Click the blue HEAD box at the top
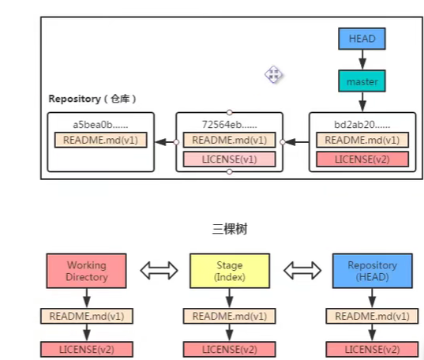pos(362,39)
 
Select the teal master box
pos(362,81)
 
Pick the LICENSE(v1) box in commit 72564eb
pos(229,159)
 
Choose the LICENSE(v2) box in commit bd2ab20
pos(362,159)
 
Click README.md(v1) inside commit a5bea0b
pos(100,140)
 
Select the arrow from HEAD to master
pos(362,60)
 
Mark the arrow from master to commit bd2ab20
pos(362,102)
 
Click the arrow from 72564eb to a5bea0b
pos(166,142)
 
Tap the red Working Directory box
pos(87,271)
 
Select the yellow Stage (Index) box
pos(230,271)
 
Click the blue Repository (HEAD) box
pos(373,271)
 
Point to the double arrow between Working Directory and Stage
pos(159,270)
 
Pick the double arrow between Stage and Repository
pos(302,270)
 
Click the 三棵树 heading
pos(230,229)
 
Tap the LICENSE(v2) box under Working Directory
pos(87,349)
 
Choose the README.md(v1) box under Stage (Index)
pos(229,316)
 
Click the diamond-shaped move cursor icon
pos(274,74)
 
